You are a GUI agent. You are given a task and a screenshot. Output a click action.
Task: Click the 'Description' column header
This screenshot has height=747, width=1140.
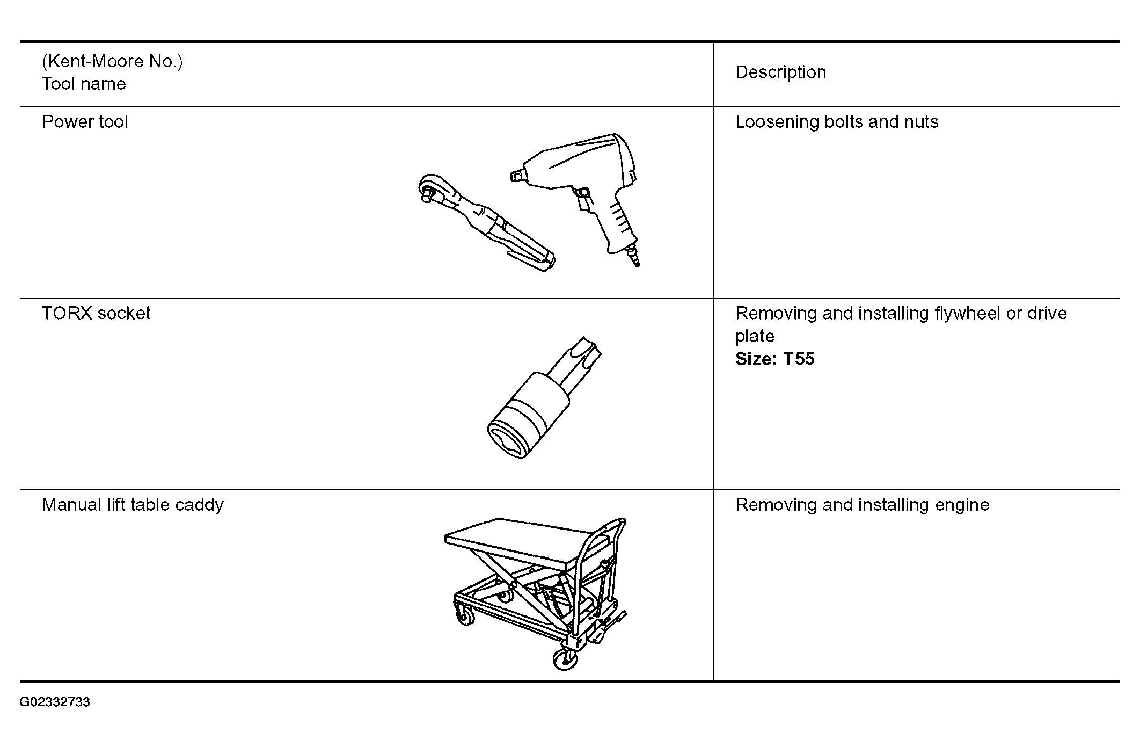(x=780, y=72)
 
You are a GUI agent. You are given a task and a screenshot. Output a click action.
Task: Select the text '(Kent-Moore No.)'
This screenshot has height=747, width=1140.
(x=112, y=62)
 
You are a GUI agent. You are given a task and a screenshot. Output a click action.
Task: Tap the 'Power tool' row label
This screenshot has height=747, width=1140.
(x=85, y=122)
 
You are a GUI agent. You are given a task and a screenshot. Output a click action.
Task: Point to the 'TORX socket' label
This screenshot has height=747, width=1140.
(x=96, y=313)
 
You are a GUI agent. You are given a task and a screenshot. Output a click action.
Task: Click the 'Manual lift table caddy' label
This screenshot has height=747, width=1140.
(x=133, y=505)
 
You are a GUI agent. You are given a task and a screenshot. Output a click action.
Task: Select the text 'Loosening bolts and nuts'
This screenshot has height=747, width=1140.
(x=837, y=122)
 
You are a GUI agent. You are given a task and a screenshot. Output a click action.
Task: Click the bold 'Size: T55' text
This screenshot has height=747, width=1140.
(x=774, y=359)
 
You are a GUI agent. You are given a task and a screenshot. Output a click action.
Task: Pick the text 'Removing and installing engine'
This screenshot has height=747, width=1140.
(x=862, y=505)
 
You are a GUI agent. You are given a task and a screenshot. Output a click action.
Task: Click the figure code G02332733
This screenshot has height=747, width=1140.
(x=55, y=702)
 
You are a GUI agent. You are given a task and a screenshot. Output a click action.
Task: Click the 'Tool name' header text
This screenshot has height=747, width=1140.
(x=84, y=84)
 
